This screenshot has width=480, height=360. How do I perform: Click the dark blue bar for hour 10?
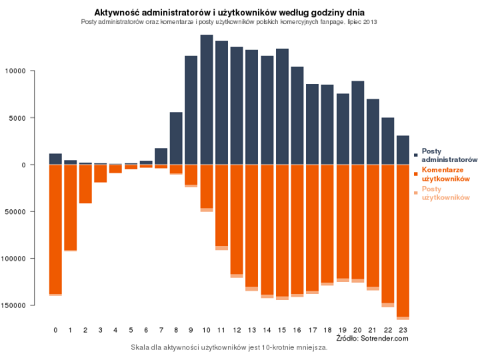coord(207,100)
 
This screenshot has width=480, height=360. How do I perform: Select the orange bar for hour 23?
coord(403,240)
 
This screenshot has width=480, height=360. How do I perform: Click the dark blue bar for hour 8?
coord(176,138)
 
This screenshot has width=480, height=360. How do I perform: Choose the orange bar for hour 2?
coord(85,183)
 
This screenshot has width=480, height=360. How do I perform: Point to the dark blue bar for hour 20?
coord(357,123)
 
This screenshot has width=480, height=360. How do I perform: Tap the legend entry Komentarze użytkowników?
coord(446,175)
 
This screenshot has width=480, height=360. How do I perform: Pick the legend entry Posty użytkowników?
coord(446,193)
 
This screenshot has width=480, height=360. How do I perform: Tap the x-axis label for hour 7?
coord(161,330)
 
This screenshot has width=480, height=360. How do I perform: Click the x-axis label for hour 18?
coord(327,330)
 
